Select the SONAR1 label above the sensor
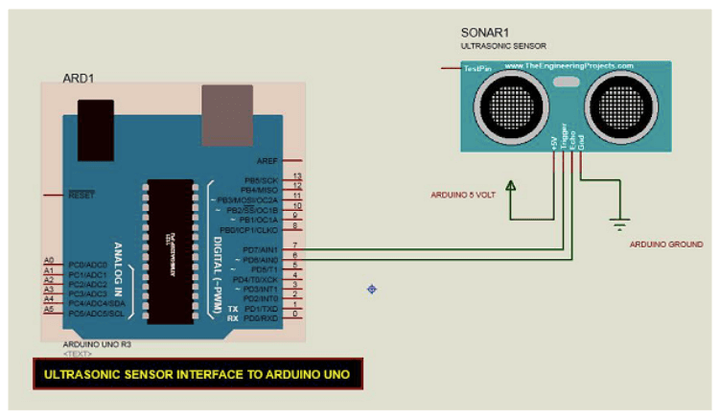click(x=484, y=33)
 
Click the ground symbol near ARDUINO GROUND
click(x=620, y=224)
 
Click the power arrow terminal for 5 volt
click(x=512, y=185)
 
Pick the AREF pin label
click(x=267, y=162)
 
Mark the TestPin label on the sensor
click(x=477, y=68)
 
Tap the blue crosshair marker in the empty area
click(x=371, y=289)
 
